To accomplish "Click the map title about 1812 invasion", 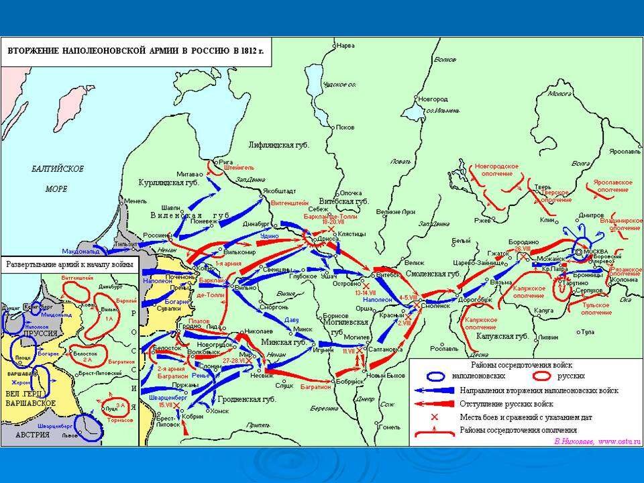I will tap(136, 50).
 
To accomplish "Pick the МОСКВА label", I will tap(596, 252).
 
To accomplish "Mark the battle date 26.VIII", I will tap(523, 249).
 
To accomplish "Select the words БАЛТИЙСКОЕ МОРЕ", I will tap(57, 178).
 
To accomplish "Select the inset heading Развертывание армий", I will tap(70, 265).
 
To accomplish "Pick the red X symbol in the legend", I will tap(433, 417).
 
